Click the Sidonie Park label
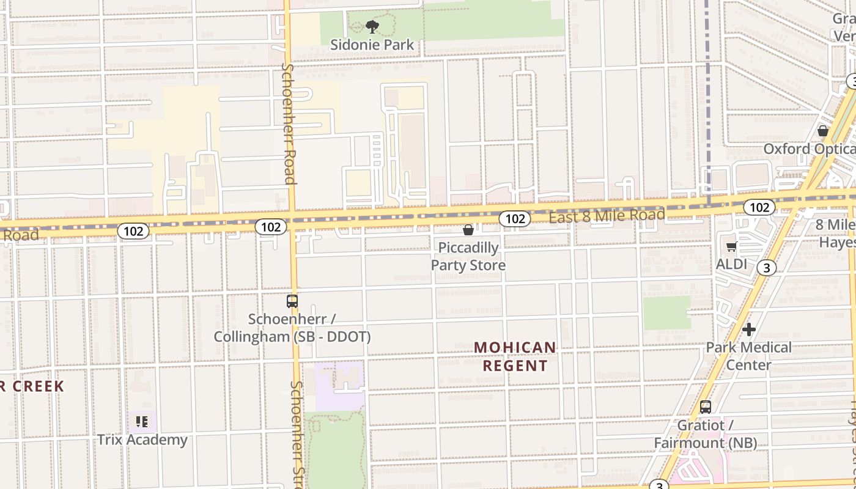click(x=372, y=45)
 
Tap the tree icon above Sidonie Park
click(x=372, y=26)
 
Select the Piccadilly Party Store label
click(x=468, y=257)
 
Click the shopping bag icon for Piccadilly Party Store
click(x=468, y=230)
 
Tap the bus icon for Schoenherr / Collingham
click(x=292, y=301)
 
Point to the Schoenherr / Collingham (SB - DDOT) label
click(x=292, y=328)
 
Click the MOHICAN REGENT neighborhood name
click(x=515, y=356)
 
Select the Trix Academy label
click(x=142, y=439)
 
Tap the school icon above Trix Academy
click(x=142, y=421)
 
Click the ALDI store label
click(x=731, y=265)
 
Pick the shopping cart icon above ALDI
click(x=731, y=247)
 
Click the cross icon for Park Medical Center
click(x=748, y=329)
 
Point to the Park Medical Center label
click(x=748, y=356)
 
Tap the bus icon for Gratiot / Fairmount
click(x=706, y=406)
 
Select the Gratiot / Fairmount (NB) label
click(x=706, y=434)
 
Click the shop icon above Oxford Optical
click(x=823, y=131)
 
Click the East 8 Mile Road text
click(x=607, y=216)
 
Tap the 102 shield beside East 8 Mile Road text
click(x=514, y=218)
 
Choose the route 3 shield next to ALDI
click(x=766, y=267)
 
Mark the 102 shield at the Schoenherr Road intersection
click(x=271, y=227)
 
